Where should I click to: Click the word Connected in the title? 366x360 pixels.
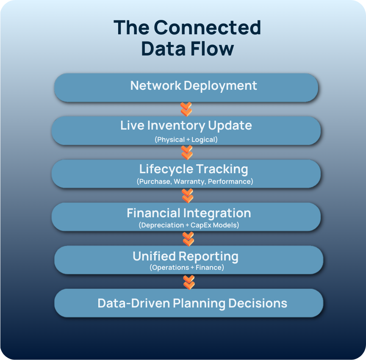(207, 28)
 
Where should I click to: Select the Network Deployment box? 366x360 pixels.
(186, 87)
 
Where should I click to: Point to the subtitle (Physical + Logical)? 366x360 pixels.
(186, 139)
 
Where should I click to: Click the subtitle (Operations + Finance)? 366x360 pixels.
(186, 268)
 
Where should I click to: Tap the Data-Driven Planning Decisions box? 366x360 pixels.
(189, 303)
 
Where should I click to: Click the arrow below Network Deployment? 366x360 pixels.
(186, 109)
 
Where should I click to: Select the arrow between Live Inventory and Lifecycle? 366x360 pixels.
(187, 152)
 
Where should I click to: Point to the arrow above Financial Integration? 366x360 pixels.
(187, 196)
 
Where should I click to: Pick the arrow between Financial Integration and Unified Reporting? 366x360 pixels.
(188, 238)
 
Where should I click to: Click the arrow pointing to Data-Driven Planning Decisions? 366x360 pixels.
(189, 282)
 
